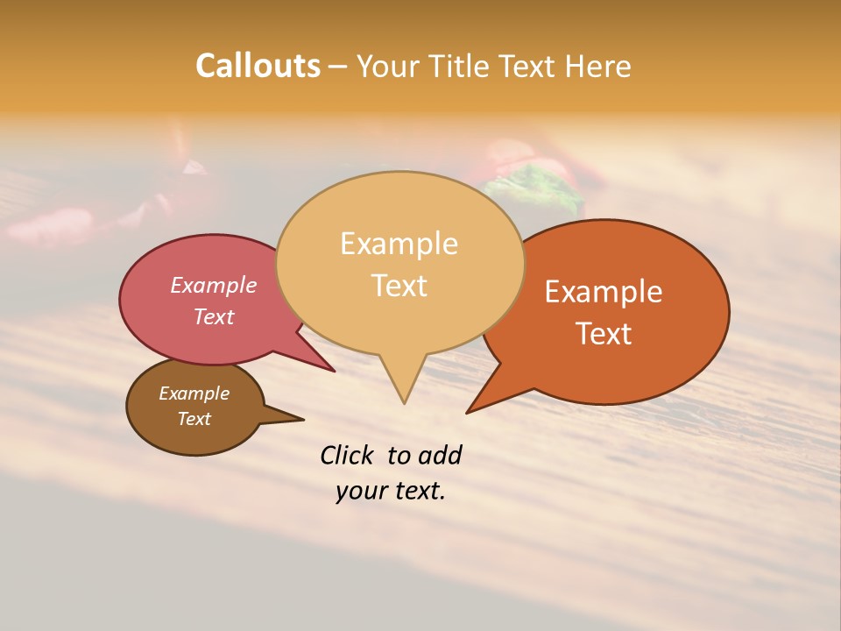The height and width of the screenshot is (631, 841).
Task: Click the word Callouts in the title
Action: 258,66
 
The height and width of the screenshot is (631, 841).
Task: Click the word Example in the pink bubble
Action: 214,285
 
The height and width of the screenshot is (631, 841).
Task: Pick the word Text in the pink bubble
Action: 214,316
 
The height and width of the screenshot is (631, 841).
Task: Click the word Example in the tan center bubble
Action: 399,244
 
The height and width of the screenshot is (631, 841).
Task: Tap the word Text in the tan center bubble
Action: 399,285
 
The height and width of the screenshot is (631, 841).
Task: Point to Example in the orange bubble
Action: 604,292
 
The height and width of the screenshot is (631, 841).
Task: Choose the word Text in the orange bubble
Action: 604,333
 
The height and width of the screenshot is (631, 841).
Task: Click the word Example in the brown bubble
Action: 194,393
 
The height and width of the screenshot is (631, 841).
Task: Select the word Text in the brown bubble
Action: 194,419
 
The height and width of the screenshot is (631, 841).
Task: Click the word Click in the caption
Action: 346,455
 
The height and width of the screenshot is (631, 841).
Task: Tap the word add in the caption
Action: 439,455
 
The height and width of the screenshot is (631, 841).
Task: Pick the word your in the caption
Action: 361,491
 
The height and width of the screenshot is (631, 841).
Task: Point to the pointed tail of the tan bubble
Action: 404,399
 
